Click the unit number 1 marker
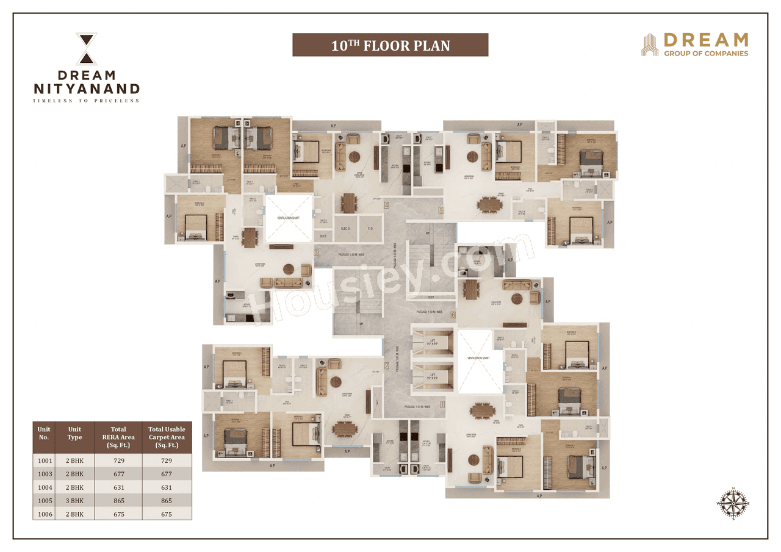click(442, 403)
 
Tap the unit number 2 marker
click(386, 367)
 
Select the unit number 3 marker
click(316, 252)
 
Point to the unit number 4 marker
click(387, 205)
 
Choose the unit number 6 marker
click(453, 315)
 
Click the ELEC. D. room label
click(345, 228)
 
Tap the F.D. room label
click(370, 228)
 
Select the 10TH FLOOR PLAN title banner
click(390, 45)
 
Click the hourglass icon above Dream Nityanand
click(86, 49)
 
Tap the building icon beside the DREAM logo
click(649, 45)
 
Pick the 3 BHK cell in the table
click(74, 501)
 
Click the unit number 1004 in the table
click(45, 487)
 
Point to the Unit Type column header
click(74, 433)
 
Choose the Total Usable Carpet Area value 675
click(166, 514)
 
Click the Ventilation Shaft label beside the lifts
click(478, 358)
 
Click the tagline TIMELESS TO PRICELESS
click(86, 101)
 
